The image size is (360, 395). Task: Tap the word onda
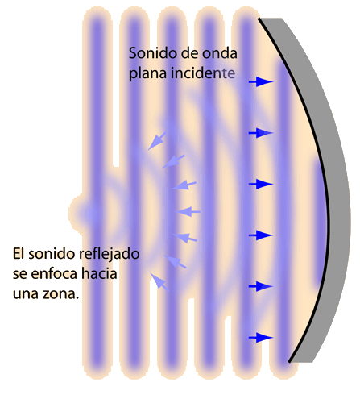click(220, 53)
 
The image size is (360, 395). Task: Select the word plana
click(147, 73)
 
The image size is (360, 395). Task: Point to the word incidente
click(203, 73)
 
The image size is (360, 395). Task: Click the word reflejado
click(110, 255)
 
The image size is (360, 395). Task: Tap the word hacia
click(99, 274)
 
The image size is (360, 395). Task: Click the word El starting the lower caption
click(19, 254)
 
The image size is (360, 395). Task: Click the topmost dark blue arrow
click(261, 81)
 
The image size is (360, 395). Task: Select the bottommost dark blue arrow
click(261, 337)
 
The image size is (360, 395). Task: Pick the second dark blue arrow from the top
click(261, 133)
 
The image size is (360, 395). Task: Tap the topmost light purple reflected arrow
click(157, 141)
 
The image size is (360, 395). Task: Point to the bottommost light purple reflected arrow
click(159, 282)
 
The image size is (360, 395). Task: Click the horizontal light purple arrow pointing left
click(188, 212)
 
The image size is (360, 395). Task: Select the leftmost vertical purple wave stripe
click(97, 192)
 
